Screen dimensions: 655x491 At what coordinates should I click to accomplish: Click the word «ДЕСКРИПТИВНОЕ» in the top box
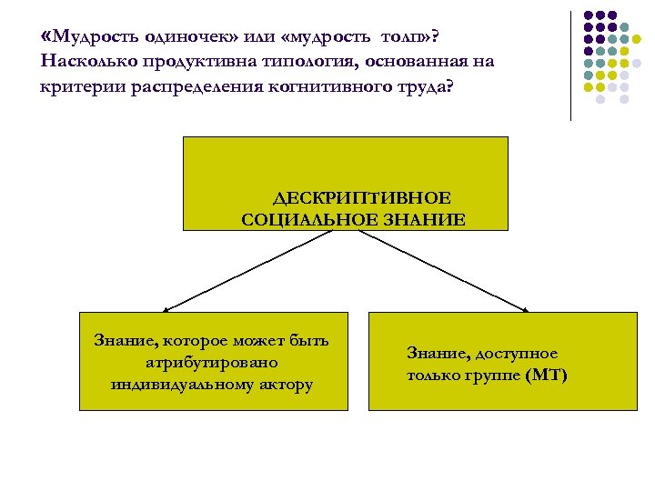[x=362, y=198]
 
